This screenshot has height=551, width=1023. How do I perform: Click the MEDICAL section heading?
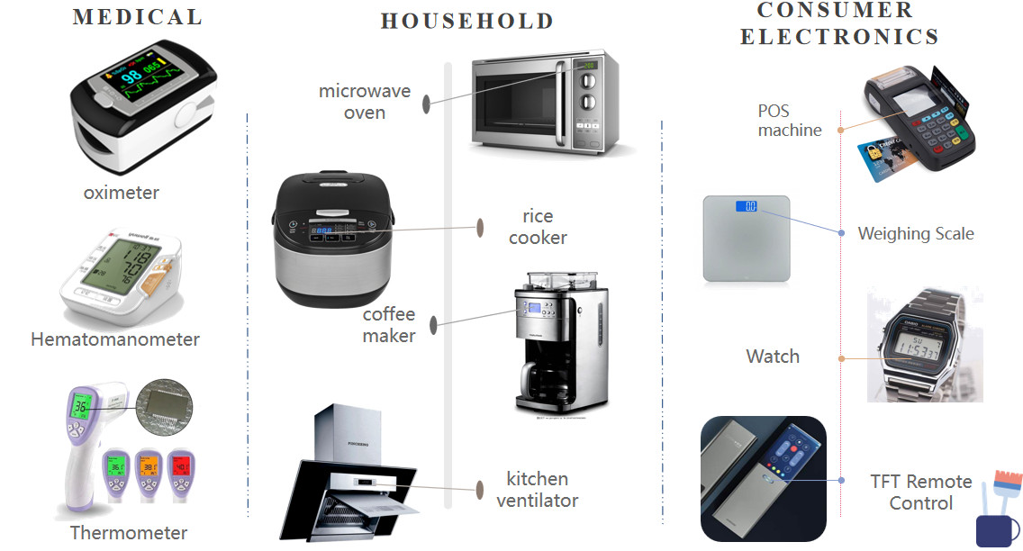click(137, 17)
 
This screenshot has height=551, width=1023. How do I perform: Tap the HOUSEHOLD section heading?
click(466, 22)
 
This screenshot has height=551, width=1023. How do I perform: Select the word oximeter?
click(122, 193)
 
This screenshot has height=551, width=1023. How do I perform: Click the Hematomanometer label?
click(115, 339)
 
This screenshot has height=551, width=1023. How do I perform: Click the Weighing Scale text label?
click(915, 234)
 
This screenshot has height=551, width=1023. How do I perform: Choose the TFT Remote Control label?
click(920, 492)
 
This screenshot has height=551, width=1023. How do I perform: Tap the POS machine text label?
click(789, 121)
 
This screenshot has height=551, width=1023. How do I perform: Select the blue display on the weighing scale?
click(747, 206)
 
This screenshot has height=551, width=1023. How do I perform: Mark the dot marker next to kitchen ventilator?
click(480, 489)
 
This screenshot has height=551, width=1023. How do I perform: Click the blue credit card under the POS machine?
click(888, 159)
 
